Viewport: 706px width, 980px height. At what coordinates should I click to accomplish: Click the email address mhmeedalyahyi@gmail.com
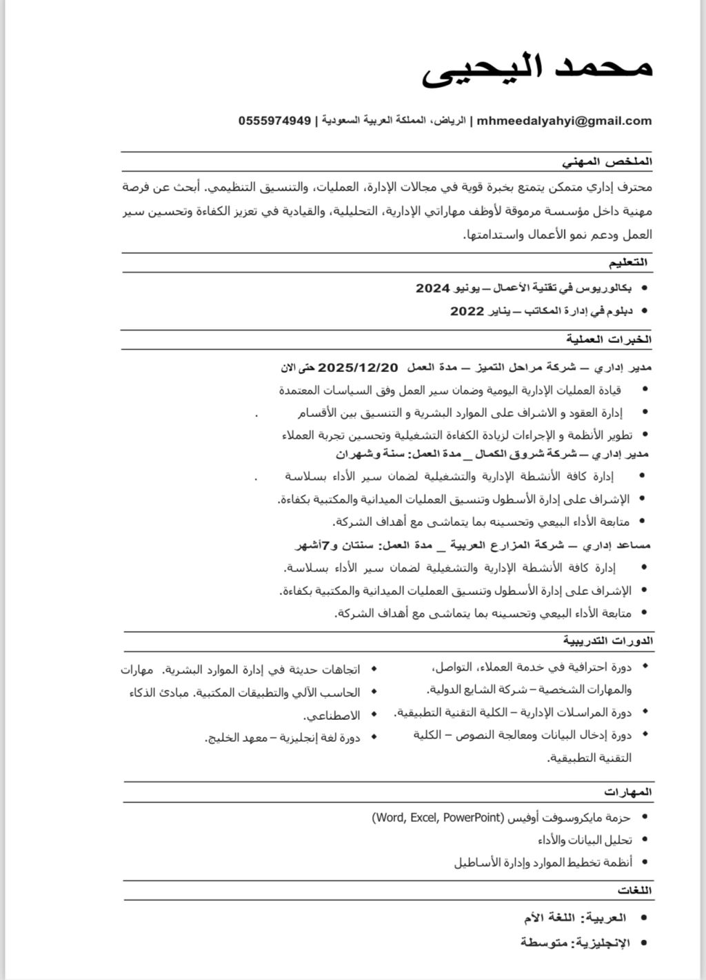(564, 121)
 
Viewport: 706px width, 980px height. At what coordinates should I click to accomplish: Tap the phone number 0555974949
(274, 121)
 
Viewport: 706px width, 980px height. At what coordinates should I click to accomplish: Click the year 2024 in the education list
(433, 288)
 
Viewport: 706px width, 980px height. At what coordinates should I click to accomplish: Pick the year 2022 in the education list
(467, 311)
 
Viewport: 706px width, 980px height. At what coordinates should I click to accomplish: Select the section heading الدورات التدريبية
(607, 641)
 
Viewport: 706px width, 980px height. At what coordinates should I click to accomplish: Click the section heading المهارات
(628, 791)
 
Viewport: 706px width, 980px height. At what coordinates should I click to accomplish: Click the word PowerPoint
(472, 818)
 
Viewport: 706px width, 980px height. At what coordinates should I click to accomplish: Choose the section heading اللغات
(635, 890)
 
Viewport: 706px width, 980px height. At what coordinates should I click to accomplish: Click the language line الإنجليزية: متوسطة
(575, 942)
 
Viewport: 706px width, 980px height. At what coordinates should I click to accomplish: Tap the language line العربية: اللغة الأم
(575, 918)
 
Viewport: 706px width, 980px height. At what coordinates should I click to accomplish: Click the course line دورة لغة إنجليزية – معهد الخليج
(283, 738)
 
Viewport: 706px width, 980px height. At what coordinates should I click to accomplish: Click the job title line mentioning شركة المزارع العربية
(473, 545)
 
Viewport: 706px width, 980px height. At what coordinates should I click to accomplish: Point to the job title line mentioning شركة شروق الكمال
(492, 454)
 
